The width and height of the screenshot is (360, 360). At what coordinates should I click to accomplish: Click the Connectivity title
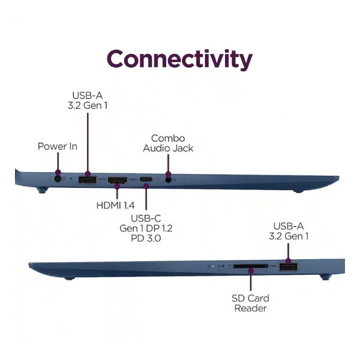pos(179,59)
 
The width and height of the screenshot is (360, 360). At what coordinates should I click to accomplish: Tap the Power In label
pos(58,146)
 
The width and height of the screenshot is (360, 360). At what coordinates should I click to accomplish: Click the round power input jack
pos(58,179)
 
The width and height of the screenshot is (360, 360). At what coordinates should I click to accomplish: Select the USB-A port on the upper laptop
pos(87,180)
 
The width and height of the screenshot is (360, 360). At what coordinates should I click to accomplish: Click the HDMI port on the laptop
pos(118,180)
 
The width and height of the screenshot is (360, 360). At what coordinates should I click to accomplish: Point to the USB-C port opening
pos(146,179)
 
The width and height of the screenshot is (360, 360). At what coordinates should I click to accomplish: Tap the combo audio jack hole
pos(169,180)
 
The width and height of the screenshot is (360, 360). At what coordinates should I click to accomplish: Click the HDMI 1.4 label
pos(115,205)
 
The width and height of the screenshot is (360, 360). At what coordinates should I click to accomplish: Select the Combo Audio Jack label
pos(168,143)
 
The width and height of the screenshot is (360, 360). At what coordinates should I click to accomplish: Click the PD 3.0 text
pos(146,238)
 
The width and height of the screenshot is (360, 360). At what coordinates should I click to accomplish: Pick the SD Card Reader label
pos(250,303)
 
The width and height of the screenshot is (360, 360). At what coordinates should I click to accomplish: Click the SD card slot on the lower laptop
pos(250,266)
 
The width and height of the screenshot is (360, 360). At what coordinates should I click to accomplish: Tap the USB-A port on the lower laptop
pos(288,267)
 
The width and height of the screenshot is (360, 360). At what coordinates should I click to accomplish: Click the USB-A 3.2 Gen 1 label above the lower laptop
pos(289,231)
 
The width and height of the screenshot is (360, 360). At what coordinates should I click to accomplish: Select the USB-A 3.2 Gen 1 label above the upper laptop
pos(88,100)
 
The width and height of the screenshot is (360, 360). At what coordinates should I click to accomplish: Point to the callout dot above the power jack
pos(58,172)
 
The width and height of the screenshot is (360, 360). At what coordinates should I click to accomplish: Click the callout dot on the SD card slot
pos(251,271)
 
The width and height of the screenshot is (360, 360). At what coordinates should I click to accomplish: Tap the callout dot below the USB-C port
pos(146,185)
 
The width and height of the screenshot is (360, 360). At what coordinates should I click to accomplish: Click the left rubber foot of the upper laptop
pos(42,190)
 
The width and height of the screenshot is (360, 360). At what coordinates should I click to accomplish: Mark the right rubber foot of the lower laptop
pos(325,277)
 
